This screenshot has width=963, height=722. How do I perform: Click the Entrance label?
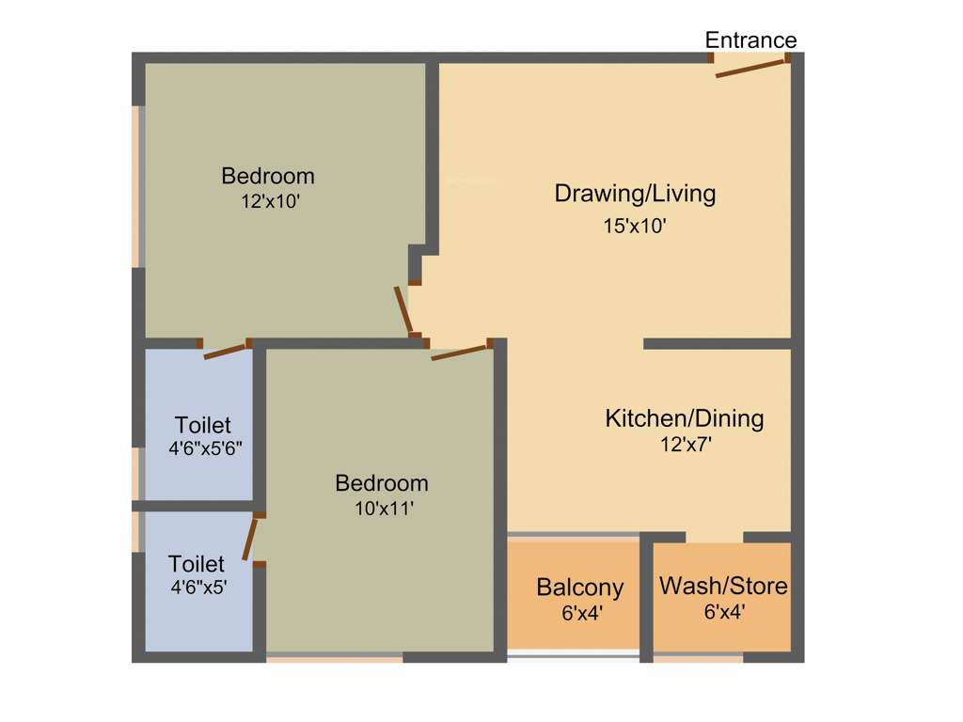(x=750, y=40)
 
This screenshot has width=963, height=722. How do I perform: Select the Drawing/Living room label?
(x=635, y=194)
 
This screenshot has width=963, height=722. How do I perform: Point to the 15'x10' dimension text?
(x=635, y=226)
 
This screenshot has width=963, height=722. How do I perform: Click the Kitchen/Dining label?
(x=684, y=417)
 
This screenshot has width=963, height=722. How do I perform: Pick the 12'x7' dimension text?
(x=685, y=445)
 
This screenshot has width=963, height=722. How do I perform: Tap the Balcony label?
(x=579, y=588)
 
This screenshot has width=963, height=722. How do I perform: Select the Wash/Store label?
(x=722, y=586)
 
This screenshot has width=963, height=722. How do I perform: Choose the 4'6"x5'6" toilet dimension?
(x=205, y=448)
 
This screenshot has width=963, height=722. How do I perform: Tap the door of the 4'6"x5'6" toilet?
(x=225, y=352)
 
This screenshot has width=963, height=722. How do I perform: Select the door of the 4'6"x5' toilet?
(x=250, y=540)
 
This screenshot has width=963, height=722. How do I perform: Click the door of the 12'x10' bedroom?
(x=403, y=310)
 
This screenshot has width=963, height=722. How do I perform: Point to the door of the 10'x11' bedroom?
(x=458, y=353)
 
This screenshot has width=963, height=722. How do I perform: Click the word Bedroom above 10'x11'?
(x=382, y=483)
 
